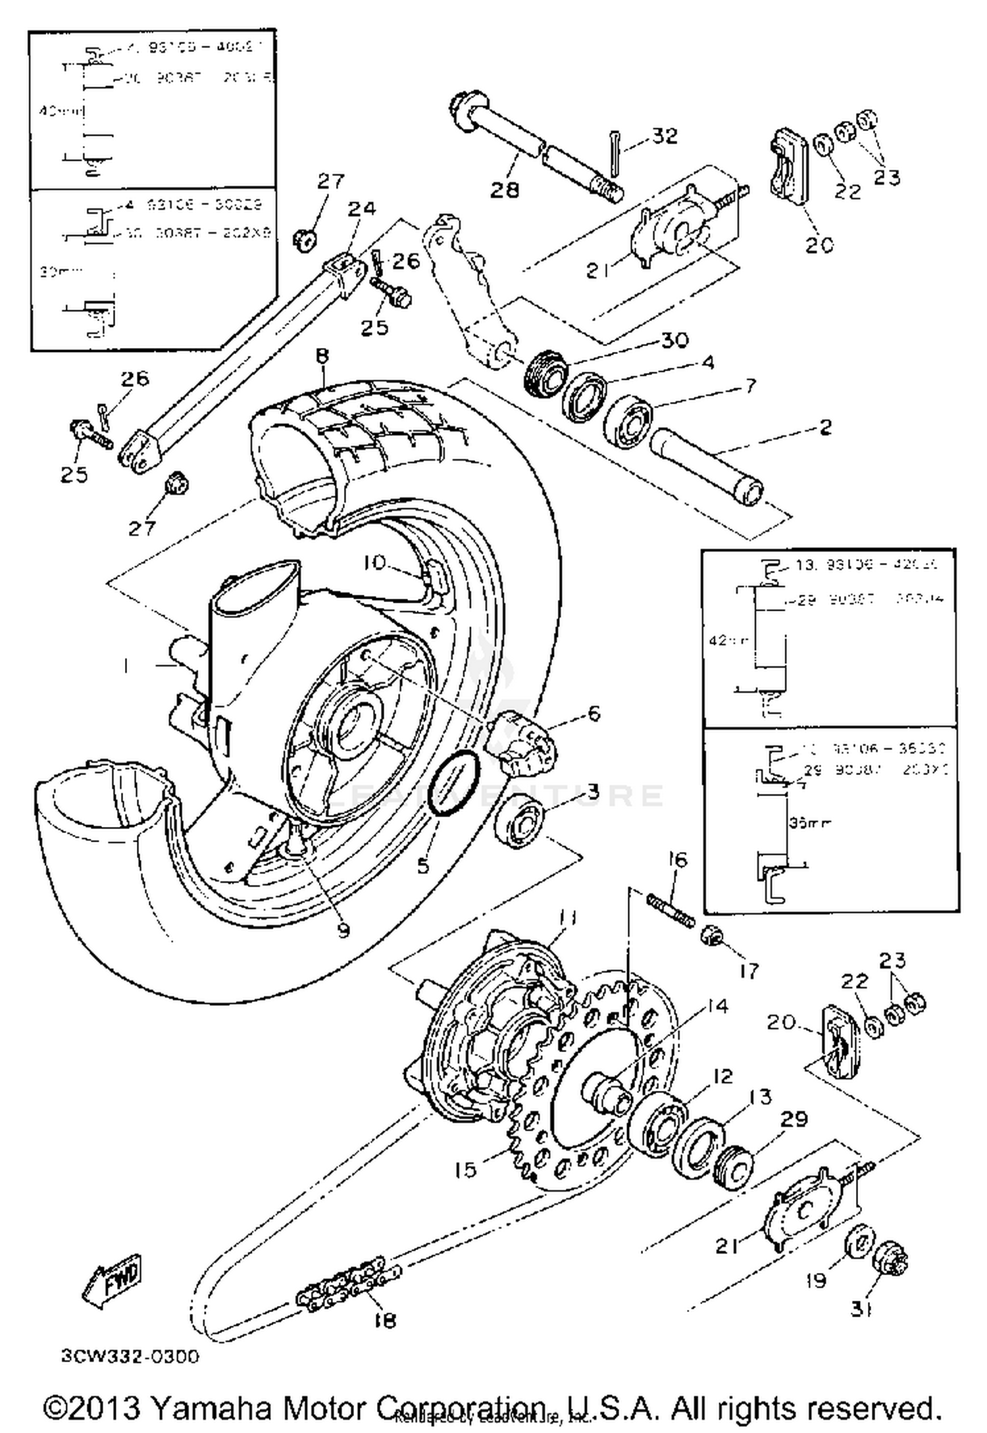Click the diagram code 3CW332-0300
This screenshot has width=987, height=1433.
pyautogui.click(x=130, y=1356)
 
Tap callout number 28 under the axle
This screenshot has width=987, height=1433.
pyautogui.click(x=505, y=189)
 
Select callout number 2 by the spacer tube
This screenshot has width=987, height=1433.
pyautogui.click(x=825, y=427)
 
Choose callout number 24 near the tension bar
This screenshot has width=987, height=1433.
pyautogui.click(x=361, y=209)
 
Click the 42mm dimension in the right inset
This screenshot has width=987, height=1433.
pyautogui.click(x=726, y=640)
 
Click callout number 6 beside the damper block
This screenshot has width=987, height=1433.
pyautogui.click(x=594, y=713)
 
